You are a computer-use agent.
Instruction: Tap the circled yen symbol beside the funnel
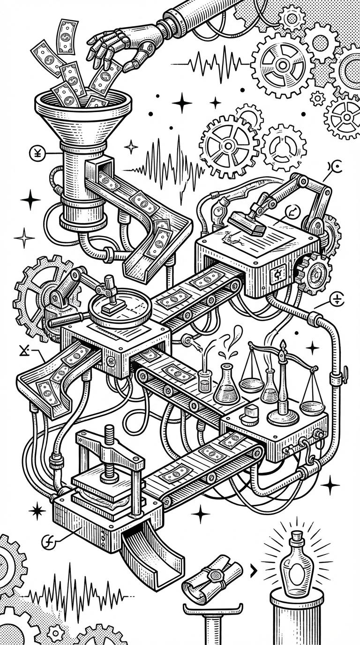pyautogui.click(x=36, y=152)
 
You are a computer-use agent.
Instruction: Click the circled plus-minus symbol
pyautogui.click(x=337, y=298)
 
